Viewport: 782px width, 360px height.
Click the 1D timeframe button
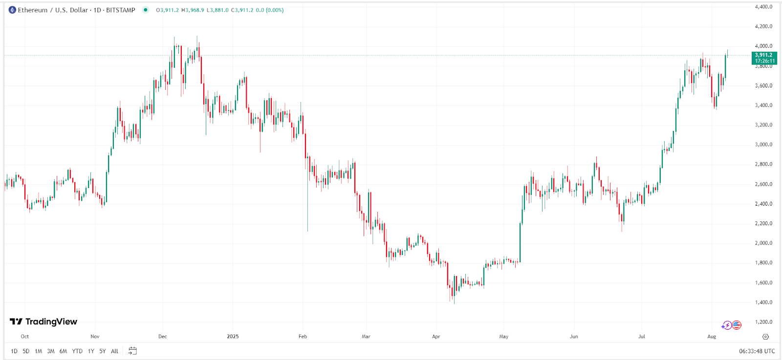click(14, 351)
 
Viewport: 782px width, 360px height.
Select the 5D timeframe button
click(26, 351)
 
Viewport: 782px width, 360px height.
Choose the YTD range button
click(77, 351)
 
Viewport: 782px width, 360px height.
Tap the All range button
click(114, 351)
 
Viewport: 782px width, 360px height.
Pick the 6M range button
click(63, 351)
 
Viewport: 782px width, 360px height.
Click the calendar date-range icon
click(132, 351)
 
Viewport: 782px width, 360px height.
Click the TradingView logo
click(43, 321)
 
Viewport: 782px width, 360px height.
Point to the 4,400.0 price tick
click(763, 7)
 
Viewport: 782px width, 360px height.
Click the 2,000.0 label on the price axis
click(763, 243)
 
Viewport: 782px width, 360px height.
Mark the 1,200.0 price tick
click(763, 322)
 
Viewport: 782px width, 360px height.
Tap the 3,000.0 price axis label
click(763, 145)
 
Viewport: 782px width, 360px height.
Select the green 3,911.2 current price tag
click(764, 58)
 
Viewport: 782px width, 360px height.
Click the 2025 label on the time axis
click(233, 337)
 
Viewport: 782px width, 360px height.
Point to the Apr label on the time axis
click(436, 337)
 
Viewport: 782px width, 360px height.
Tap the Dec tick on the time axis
click(163, 337)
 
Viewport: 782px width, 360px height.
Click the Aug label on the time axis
click(712, 337)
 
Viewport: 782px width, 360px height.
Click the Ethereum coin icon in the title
click(12, 10)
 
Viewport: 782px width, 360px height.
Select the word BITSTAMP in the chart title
click(121, 10)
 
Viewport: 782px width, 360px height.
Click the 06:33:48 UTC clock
click(757, 351)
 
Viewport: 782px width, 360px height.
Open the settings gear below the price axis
click(765, 337)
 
